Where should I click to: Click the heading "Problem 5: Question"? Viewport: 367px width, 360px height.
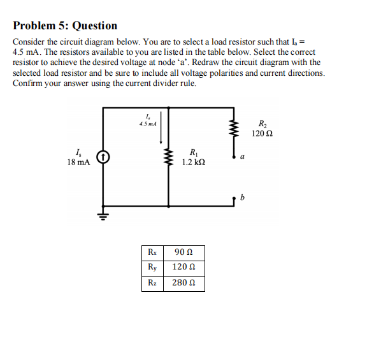[x=65, y=26]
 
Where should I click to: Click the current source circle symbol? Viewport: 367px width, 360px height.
[x=104, y=157]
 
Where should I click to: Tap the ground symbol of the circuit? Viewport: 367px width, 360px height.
[x=104, y=214]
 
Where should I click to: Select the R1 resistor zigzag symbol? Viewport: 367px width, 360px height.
[x=169, y=157]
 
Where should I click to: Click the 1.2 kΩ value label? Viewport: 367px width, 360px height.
[x=193, y=162]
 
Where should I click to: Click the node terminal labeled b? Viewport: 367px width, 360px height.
[x=234, y=199]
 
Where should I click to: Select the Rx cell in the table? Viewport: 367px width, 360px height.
[x=152, y=253]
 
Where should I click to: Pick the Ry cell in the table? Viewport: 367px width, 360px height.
[x=152, y=268]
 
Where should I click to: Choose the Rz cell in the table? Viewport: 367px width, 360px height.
[x=152, y=283]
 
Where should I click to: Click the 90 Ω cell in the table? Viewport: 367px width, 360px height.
[x=183, y=253]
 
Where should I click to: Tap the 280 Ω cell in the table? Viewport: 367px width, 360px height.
[x=183, y=283]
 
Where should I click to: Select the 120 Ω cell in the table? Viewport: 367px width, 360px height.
[x=183, y=268]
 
